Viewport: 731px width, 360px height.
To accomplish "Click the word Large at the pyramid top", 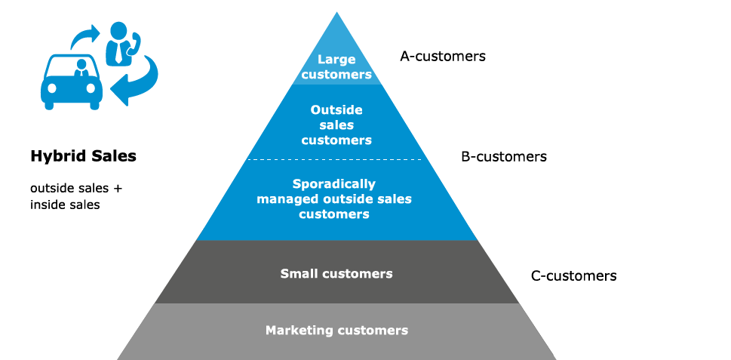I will pyautogui.click(x=336, y=59).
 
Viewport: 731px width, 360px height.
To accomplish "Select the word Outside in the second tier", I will pyautogui.click(x=336, y=110).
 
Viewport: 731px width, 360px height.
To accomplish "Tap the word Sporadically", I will pyautogui.click(x=333, y=184).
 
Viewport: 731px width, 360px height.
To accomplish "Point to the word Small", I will pyautogui.click(x=299, y=274).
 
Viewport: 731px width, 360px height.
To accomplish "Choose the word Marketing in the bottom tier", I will pyautogui.click(x=299, y=331).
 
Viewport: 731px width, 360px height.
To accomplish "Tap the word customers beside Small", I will pyautogui.click(x=358, y=274).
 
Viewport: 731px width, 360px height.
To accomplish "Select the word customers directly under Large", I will pyautogui.click(x=336, y=75).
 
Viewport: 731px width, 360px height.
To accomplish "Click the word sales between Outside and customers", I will pyautogui.click(x=336, y=125).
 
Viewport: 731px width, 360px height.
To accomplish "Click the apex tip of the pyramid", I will pyautogui.click(x=336, y=13).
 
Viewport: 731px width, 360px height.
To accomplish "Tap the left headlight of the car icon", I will pyautogui.click(x=51, y=88).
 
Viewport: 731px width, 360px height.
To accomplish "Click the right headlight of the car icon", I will pyautogui.click(x=91, y=88).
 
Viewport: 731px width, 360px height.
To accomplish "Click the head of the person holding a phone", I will pyautogui.click(x=118, y=31).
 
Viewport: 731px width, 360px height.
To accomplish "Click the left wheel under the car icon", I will pyautogui.click(x=50, y=106).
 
